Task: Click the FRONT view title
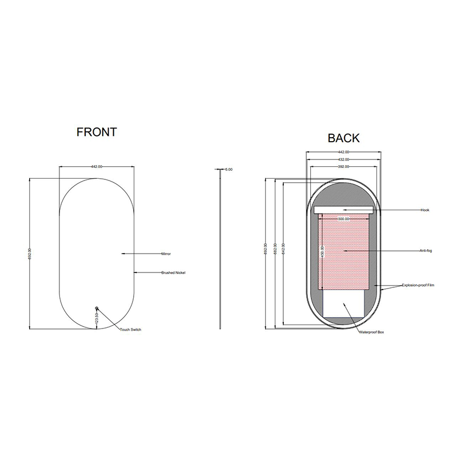pyautogui.click(x=97, y=132)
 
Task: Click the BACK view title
pyautogui.click(x=343, y=138)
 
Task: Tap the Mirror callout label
pyautogui.click(x=166, y=253)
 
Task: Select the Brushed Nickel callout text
pyautogui.click(x=174, y=272)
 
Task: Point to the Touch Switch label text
pyautogui.click(x=130, y=330)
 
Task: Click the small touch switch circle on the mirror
pyautogui.click(x=97, y=308)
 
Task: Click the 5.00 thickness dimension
pyautogui.click(x=229, y=170)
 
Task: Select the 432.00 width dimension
pyautogui.click(x=343, y=159)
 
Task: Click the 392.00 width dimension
pyautogui.click(x=343, y=167)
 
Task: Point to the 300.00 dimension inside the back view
pyautogui.click(x=343, y=219)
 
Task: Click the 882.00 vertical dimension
pyautogui.click(x=275, y=251)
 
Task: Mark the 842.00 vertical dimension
pyautogui.click(x=284, y=251)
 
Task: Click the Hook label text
pyautogui.click(x=424, y=210)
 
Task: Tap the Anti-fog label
pyautogui.click(x=426, y=251)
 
